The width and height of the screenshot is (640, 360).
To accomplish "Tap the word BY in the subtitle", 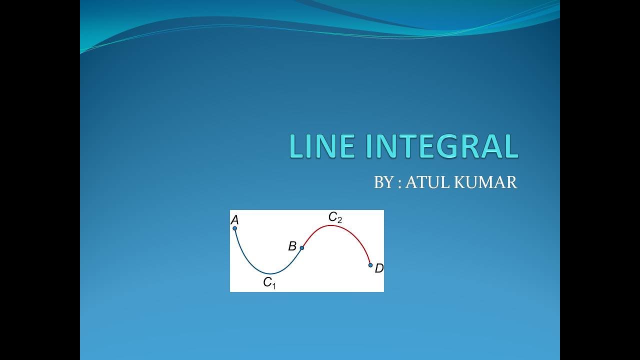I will tap(383, 182).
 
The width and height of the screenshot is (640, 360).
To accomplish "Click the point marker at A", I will tap(234, 228).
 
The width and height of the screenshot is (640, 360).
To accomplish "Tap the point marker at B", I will tap(301, 247).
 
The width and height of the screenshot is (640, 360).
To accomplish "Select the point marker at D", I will tap(370, 265).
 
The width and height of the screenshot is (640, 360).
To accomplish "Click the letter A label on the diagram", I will tap(234, 220).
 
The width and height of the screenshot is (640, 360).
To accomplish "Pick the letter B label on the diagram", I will tap(292, 246).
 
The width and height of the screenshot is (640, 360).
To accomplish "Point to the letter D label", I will tap(379, 269).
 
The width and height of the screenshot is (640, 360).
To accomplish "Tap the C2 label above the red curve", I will tap(335, 217).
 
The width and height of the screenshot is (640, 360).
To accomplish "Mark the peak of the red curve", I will tap(330, 225).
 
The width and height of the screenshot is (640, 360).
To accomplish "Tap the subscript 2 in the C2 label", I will tap(339, 220).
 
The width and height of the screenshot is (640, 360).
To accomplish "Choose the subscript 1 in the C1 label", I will tap(274, 286).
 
